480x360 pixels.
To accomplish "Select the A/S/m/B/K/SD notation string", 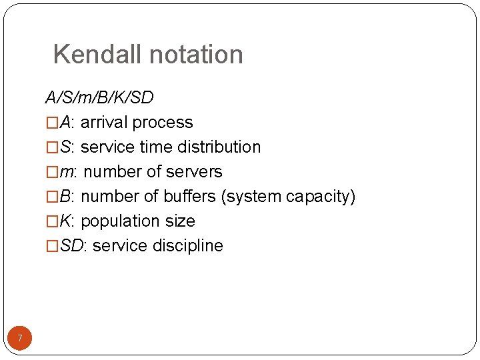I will click(x=99, y=98).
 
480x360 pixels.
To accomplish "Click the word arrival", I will click(x=104, y=123).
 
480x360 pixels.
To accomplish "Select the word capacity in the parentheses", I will click(x=320, y=197).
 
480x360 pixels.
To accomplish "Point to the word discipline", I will click(x=187, y=246).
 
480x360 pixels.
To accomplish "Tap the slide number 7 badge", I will click(x=20, y=339).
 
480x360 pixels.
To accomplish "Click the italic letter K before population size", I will click(x=65, y=221).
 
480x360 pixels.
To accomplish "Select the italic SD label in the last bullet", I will click(x=73, y=246).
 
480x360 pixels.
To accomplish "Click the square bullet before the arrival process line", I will click(x=51, y=123).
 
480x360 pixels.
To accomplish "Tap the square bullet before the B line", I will click(x=51, y=197).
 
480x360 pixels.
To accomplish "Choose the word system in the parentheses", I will click(x=254, y=197).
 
